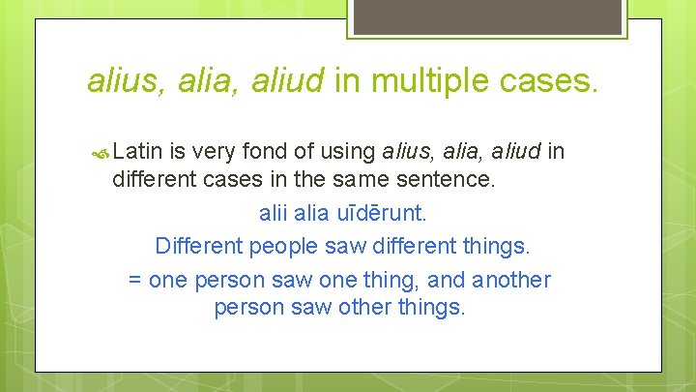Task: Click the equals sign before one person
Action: point(135,281)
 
